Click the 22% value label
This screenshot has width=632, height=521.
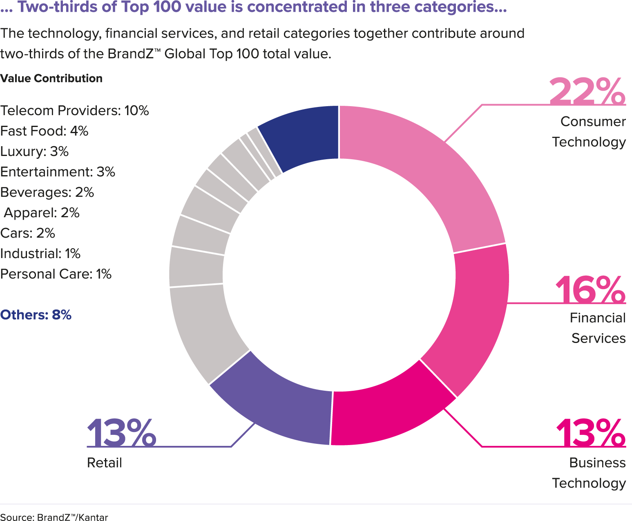click(x=587, y=91)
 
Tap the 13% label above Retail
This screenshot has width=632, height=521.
click(x=121, y=433)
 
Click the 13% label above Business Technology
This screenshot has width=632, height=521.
click(x=590, y=433)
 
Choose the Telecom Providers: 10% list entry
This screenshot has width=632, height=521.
click(x=74, y=111)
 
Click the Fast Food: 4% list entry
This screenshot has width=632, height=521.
click(x=44, y=131)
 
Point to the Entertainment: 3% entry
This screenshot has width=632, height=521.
click(x=58, y=172)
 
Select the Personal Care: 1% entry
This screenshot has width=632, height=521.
click(x=56, y=274)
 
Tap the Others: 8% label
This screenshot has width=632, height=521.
click(x=36, y=315)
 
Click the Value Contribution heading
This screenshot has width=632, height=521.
click(x=51, y=78)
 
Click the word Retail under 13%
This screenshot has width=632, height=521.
click(x=105, y=463)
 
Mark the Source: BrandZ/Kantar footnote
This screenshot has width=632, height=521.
click(x=54, y=517)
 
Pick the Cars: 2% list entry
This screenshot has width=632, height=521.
click(x=27, y=233)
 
